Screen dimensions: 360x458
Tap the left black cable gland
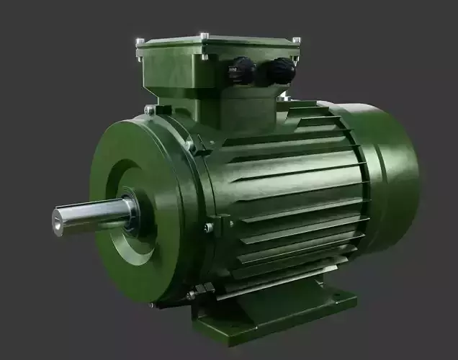[243, 71]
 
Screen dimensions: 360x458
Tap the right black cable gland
[281, 71]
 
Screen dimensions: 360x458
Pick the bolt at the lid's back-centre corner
[205, 35]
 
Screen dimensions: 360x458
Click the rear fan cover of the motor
[389, 173]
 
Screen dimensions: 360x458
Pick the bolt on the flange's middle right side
[209, 228]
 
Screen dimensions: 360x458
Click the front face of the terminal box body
[180, 79]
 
